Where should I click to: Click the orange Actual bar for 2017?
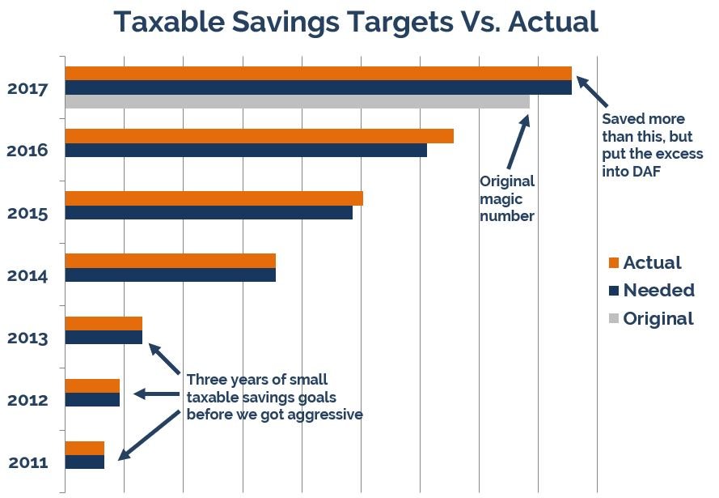click(x=318, y=73)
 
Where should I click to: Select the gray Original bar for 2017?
click(x=297, y=101)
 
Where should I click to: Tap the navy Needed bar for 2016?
click(x=246, y=150)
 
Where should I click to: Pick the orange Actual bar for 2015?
click(x=214, y=198)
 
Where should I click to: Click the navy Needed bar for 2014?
click(x=170, y=275)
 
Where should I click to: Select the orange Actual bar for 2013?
click(x=104, y=323)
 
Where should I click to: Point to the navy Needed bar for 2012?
click(x=92, y=399)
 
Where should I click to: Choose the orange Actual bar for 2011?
click(x=84, y=448)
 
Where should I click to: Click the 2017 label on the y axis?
click(x=28, y=88)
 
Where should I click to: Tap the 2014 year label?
click(x=28, y=275)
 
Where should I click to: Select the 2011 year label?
click(x=28, y=463)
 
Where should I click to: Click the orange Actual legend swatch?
click(x=613, y=262)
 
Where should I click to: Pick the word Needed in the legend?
click(x=658, y=290)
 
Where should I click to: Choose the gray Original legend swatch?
click(x=613, y=318)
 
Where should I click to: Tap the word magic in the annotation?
click(x=501, y=199)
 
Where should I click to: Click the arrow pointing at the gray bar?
click(x=518, y=141)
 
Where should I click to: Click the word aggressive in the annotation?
click(x=323, y=414)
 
